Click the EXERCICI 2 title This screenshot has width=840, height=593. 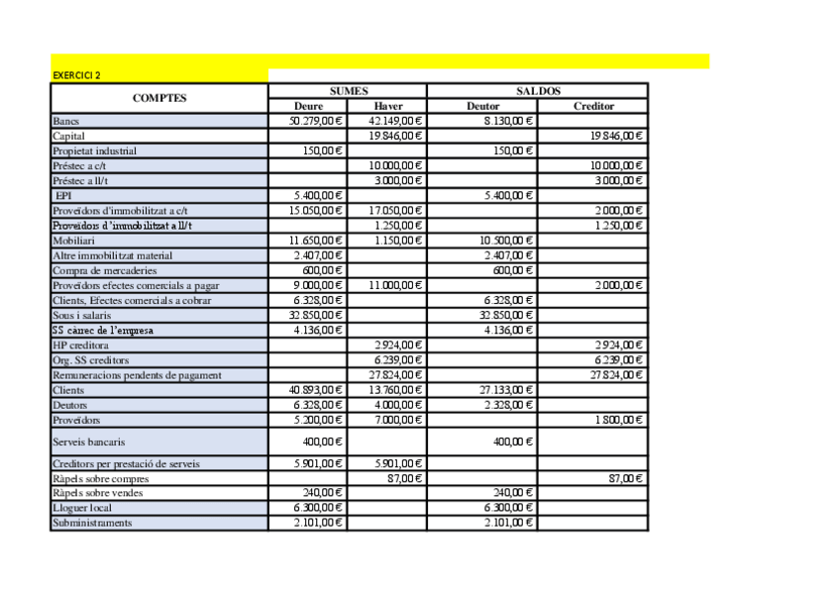(76, 75)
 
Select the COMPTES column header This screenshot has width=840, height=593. (159, 98)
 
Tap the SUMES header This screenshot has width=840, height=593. (348, 91)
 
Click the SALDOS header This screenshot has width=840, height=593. (538, 91)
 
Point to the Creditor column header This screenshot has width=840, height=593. (593, 106)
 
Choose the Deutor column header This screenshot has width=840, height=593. (482, 106)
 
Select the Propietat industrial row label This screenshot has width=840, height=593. (94, 150)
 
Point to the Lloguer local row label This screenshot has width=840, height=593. (82, 508)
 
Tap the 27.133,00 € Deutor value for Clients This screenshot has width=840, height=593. (507, 390)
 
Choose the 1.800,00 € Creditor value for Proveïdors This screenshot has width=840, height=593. (619, 420)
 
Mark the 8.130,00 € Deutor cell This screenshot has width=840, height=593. (509, 121)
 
